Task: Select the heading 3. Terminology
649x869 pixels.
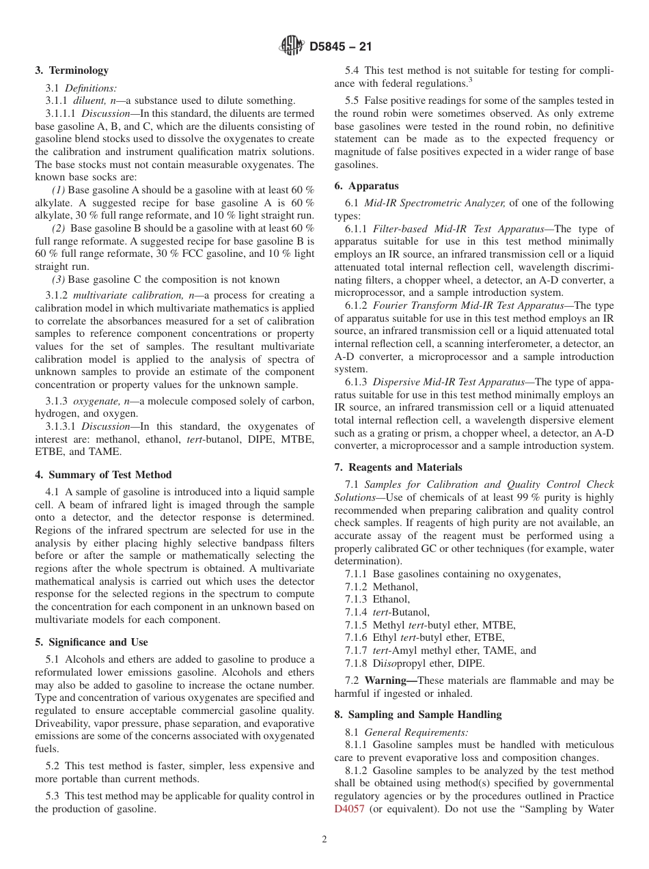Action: click(72, 70)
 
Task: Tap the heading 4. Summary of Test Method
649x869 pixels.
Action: click(103, 475)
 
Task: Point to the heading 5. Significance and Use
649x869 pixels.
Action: click(92, 642)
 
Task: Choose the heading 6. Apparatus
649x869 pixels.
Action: click(366, 186)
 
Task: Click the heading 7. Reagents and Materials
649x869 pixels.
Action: click(398, 467)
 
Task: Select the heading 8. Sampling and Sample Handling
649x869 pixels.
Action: click(417, 715)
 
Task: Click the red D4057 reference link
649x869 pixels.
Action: click(349, 810)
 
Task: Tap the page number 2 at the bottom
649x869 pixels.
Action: click(324, 840)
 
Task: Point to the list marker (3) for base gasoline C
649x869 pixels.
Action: click(59, 279)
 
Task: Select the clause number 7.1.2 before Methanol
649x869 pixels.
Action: click(357, 587)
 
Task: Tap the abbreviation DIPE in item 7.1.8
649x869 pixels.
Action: click(471, 663)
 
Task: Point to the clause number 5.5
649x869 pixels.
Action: click(353, 100)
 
